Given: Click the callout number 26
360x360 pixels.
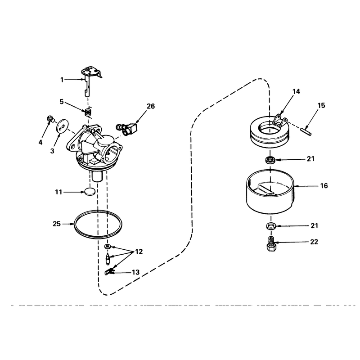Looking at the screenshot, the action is (x=151, y=106).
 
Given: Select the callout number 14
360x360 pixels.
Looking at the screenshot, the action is (x=296, y=91).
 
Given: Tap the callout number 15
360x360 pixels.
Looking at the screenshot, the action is (x=321, y=105).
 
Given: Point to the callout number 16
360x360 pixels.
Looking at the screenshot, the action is (x=324, y=185).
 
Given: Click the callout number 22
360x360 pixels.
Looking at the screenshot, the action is (x=314, y=242).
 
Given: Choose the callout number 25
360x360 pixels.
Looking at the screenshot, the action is (x=57, y=224).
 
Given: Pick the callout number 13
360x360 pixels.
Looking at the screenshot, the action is (x=136, y=272).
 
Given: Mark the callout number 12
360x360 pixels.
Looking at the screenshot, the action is (x=139, y=252).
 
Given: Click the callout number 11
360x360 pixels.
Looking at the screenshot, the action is (x=58, y=192).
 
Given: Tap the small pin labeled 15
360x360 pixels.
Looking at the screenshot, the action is (x=306, y=131).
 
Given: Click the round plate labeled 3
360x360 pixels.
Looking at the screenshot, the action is (x=62, y=126).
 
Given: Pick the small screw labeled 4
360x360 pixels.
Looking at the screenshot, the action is (x=50, y=119).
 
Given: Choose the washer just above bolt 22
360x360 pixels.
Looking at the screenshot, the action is (x=271, y=225).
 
